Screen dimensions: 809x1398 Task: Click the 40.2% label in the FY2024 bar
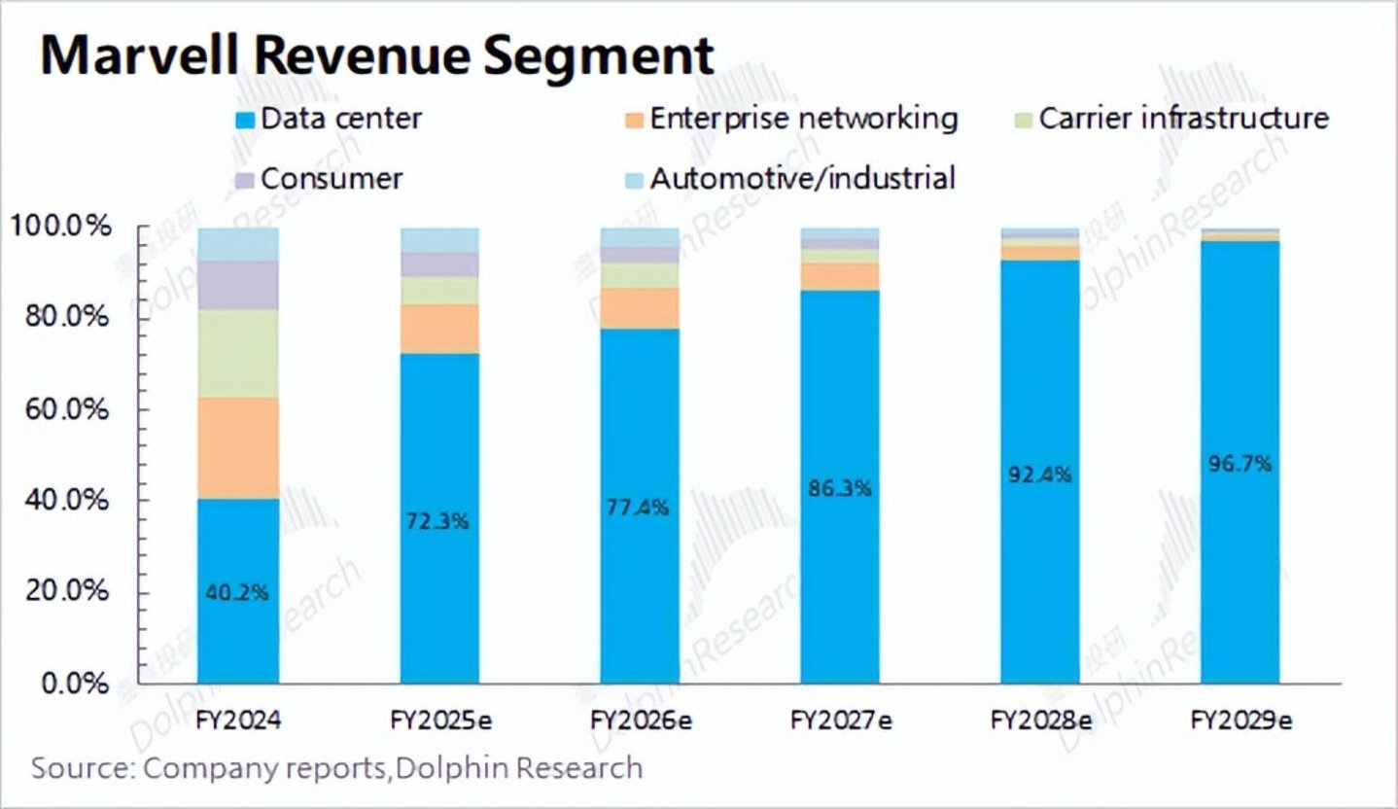[x=237, y=591]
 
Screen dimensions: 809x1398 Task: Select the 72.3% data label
[x=439, y=521]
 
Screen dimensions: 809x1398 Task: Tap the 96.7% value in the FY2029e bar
[x=1241, y=464]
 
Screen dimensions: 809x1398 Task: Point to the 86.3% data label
[x=840, y=488]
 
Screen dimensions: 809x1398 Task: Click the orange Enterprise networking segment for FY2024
[x=238, y=447]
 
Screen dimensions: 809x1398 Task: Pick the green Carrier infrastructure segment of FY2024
[x=238, y=353]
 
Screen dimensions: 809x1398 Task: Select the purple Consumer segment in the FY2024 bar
[x=238, y=285]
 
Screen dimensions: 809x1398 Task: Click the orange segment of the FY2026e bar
[x=640, y=307]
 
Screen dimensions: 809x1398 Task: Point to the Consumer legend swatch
[x=245, y=180]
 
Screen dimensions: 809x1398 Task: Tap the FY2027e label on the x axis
[x=841, y=721]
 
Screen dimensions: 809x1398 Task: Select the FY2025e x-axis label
[x=440, y=721]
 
